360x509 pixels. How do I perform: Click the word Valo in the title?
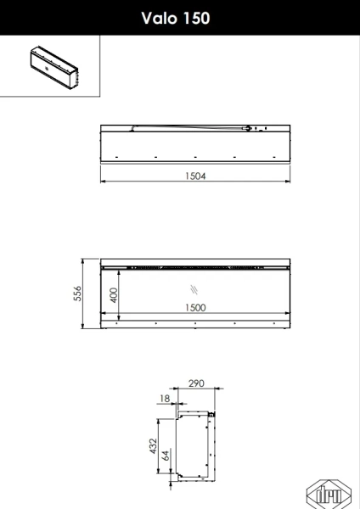pyautogui.click(x=159, y=18)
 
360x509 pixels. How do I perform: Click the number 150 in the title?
pyautogui.click(x=197, y=18)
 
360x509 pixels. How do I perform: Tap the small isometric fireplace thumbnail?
pyautogui.click(x=54, y=68)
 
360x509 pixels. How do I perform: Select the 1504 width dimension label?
pyautogui.click(x=195, y=176)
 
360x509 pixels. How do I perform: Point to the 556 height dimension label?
pyautogui.click(x=77, y=294)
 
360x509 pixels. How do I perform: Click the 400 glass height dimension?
pyautogui.click(x=114, y=294)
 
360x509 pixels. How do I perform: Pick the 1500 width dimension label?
pyautogui.click(x=195, y=307)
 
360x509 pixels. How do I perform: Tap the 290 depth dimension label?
pyautogui.click(x=197, y=383)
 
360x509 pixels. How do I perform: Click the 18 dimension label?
pyautogui.click(x=165, y=399)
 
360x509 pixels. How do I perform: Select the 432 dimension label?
pyautogui.click(x=153, y=445)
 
